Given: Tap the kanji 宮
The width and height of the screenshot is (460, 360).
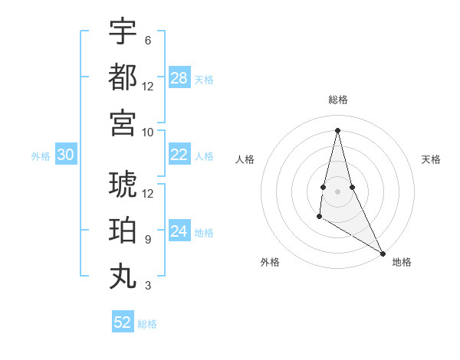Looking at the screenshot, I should (x=123, y=123).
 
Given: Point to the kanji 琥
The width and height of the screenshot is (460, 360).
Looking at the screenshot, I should (x=123, y=185).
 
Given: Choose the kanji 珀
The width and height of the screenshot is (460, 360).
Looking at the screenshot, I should (x=123, y=231).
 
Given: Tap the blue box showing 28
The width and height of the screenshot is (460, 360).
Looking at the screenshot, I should (x=179, y=78).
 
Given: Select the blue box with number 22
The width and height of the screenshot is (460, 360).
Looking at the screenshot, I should (x=179, y=155).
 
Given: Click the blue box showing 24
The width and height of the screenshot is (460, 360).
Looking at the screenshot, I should (x=179, y=231).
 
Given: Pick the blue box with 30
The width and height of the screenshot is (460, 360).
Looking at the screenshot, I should (x=65, y=155).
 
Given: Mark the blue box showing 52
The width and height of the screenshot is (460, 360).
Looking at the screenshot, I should (x=123, y=322).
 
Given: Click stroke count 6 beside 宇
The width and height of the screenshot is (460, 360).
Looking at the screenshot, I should (x=147, y=40).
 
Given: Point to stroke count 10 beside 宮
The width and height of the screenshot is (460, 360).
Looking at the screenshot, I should (x=148, y=132).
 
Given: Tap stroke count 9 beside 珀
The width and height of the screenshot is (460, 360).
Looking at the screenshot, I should (x=147, y=240).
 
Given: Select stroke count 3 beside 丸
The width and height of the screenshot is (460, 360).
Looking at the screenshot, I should (x=147, y=286).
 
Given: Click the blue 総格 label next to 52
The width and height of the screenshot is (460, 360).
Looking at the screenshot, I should (x=147, y=324).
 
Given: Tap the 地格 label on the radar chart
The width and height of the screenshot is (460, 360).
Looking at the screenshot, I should (x=402, y=262).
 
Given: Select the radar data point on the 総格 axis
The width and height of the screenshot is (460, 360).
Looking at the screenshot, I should (x=337, y=129).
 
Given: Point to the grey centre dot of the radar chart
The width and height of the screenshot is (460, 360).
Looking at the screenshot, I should (x=337, y=191).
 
